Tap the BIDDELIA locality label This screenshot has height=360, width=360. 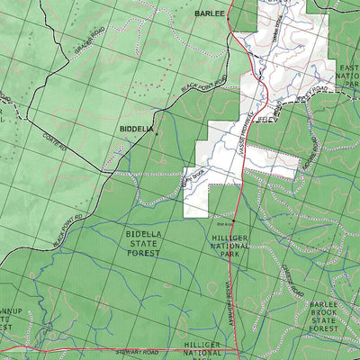click(x=136, y=130)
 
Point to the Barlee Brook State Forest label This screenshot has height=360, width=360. click(x=327, y=317)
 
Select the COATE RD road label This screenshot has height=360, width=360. click(x=54, y=141)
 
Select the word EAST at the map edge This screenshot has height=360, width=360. click(x=349, y=68)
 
